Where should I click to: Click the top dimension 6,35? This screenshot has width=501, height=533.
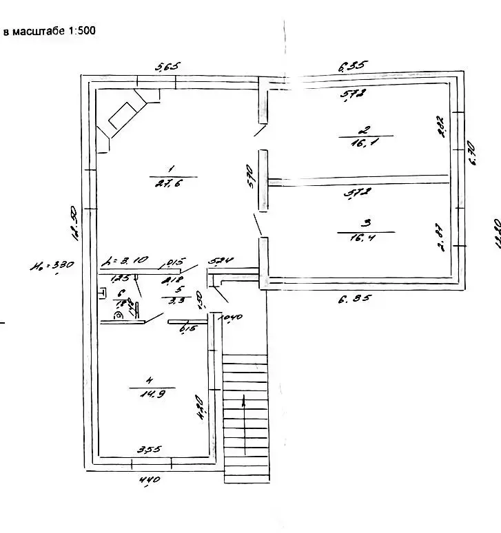[354, 66]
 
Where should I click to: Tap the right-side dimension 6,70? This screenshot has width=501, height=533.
[473, 152]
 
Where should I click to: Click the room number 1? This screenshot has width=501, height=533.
[170, 168]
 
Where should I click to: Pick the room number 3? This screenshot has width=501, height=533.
[367, 222]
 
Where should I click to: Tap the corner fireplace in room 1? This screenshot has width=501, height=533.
[123, 118]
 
